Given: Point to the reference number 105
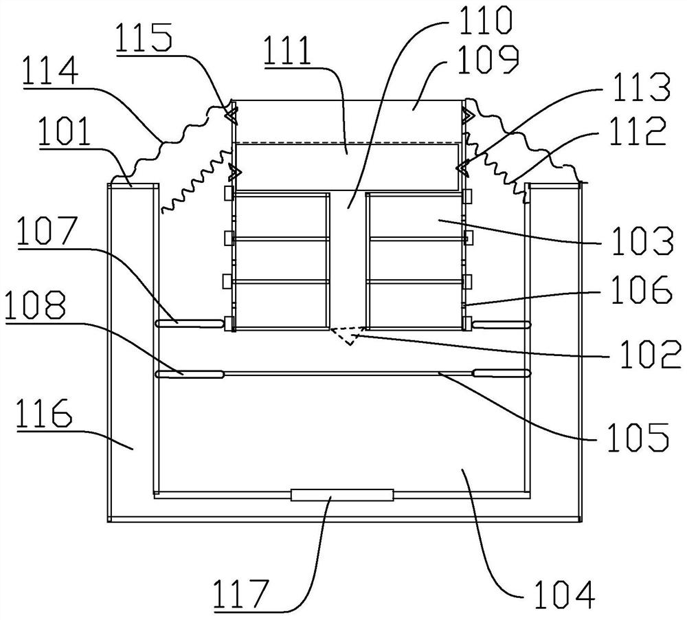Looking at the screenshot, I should (638, 436).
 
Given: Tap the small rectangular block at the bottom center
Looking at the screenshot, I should (341, 495).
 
